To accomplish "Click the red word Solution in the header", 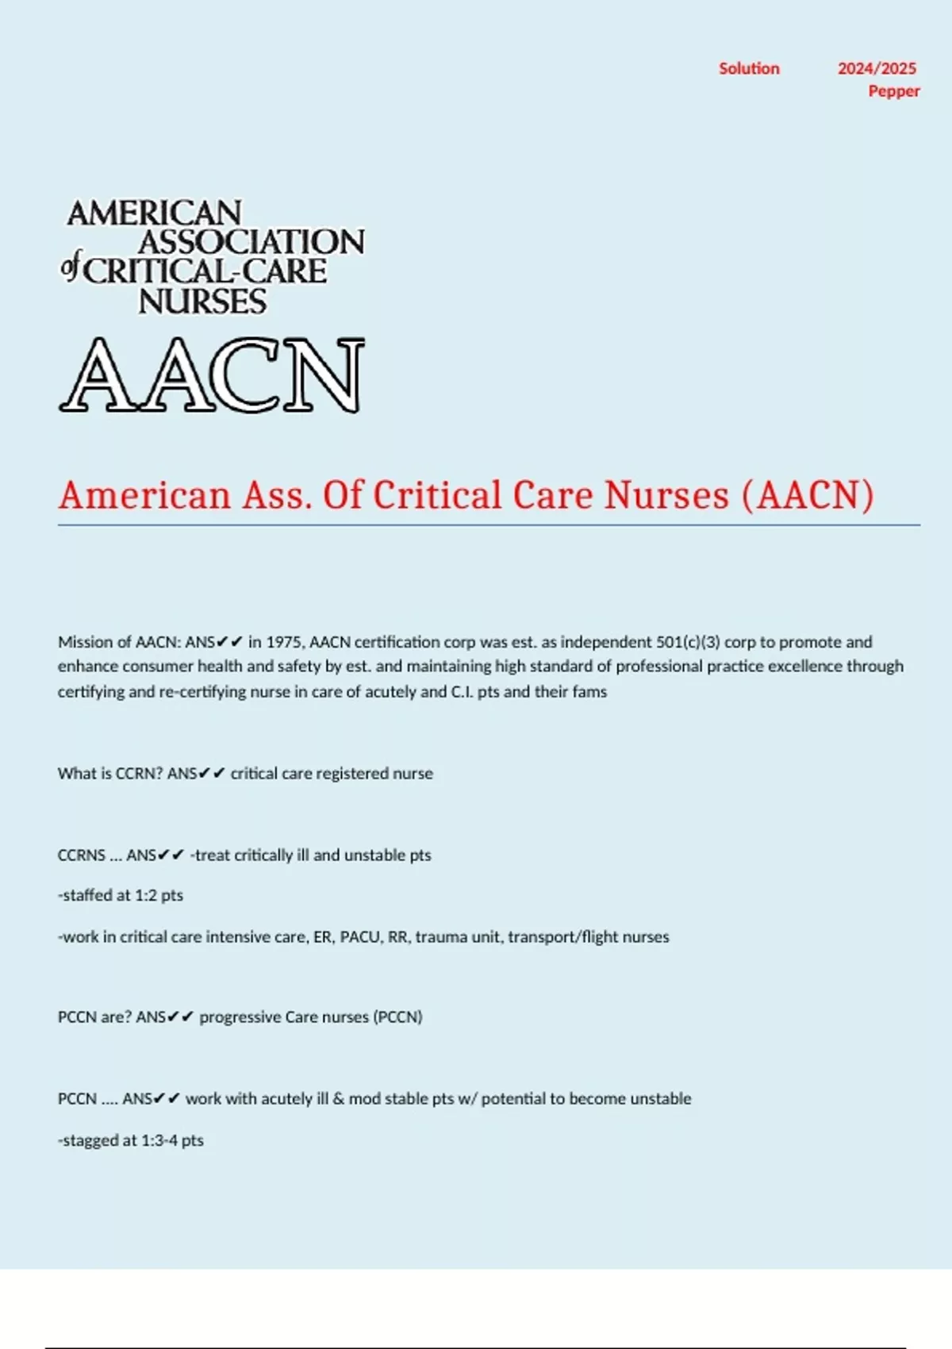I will tap(749, 69).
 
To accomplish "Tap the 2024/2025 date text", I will tap(877, 69).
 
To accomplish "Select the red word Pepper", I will tap(893, 91).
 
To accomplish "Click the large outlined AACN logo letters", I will tap(212, 375).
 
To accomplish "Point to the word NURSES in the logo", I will tap(202, 302).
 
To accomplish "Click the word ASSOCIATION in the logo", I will tap(251, 242).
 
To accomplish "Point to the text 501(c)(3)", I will tap(688, 642).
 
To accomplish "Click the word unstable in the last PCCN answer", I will tap(659, 1099).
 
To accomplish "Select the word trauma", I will tap(440, 937).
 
